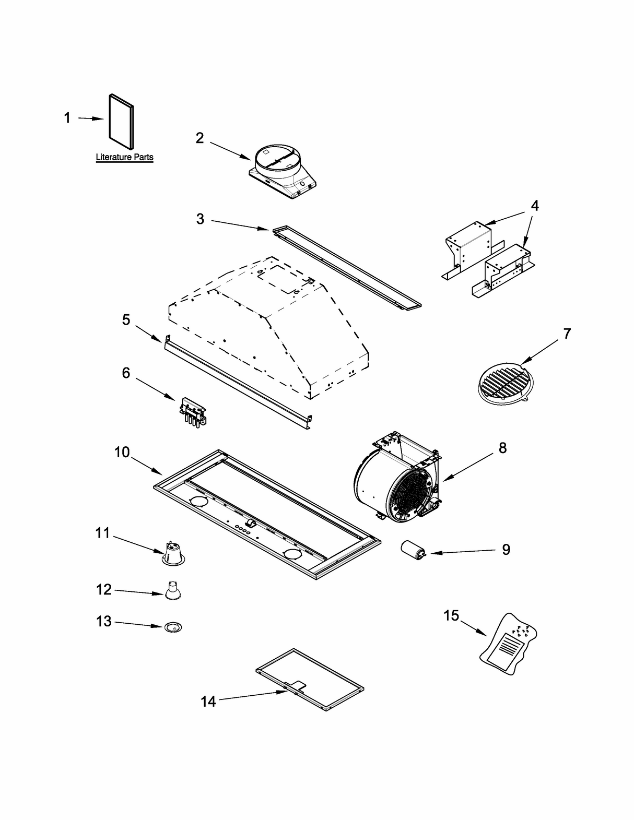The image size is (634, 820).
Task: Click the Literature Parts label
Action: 124,157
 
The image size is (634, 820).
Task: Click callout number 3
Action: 200,219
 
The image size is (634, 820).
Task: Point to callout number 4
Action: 534,206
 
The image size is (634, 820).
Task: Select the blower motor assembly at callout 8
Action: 397,478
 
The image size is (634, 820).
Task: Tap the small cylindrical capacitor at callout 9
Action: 412,550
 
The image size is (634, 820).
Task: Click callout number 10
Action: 122,452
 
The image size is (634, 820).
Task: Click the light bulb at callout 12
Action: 173,592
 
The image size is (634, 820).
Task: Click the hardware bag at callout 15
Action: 509,639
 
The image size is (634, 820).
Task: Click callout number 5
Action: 126,319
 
